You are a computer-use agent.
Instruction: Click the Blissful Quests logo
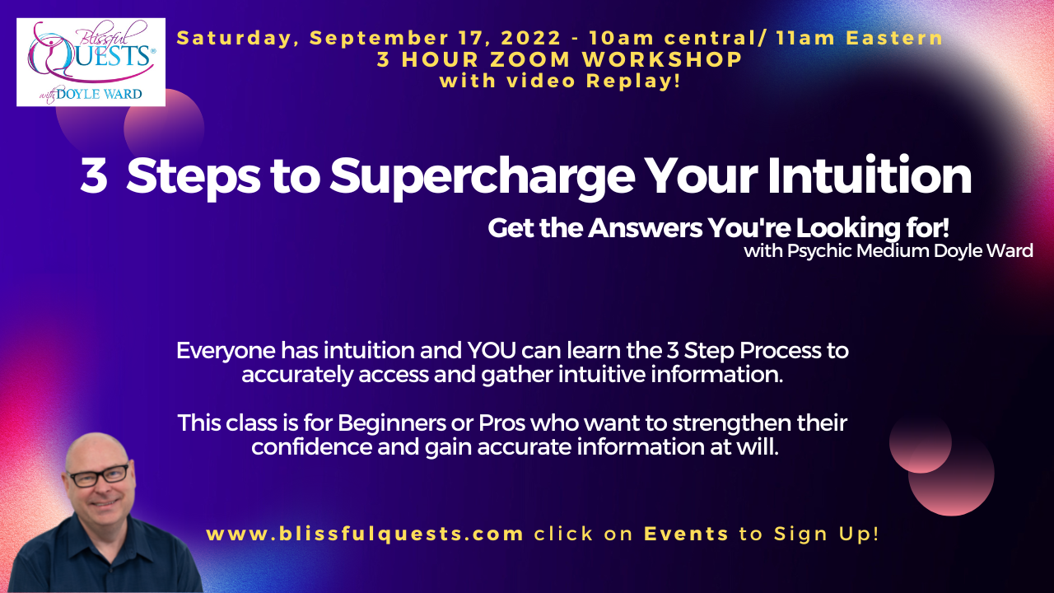pyautogui.click(x=91, y=62)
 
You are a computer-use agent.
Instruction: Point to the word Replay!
pyautogui.click(x=633, y=81)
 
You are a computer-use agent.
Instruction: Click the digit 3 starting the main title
pyautogui.click(x=94, y=175)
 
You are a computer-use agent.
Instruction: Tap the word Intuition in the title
pyautogui.click(x=870, y=175)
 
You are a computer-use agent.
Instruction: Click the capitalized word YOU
pyautogui.click(x=492, y=351)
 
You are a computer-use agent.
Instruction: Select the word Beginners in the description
pyautogui.click(x=391, y=423)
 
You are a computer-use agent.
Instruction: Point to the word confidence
pyautogui.click(x=311, y=447)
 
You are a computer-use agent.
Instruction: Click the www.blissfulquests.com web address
pyautogui.click(x=365, y=535)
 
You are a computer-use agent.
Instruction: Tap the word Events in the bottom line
pyautogui.click(x=687, y=534)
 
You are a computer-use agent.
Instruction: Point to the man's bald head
pyautogui.click(x=96, y=450)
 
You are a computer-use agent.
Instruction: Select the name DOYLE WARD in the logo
pyautogui.click(x=99, y=94)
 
